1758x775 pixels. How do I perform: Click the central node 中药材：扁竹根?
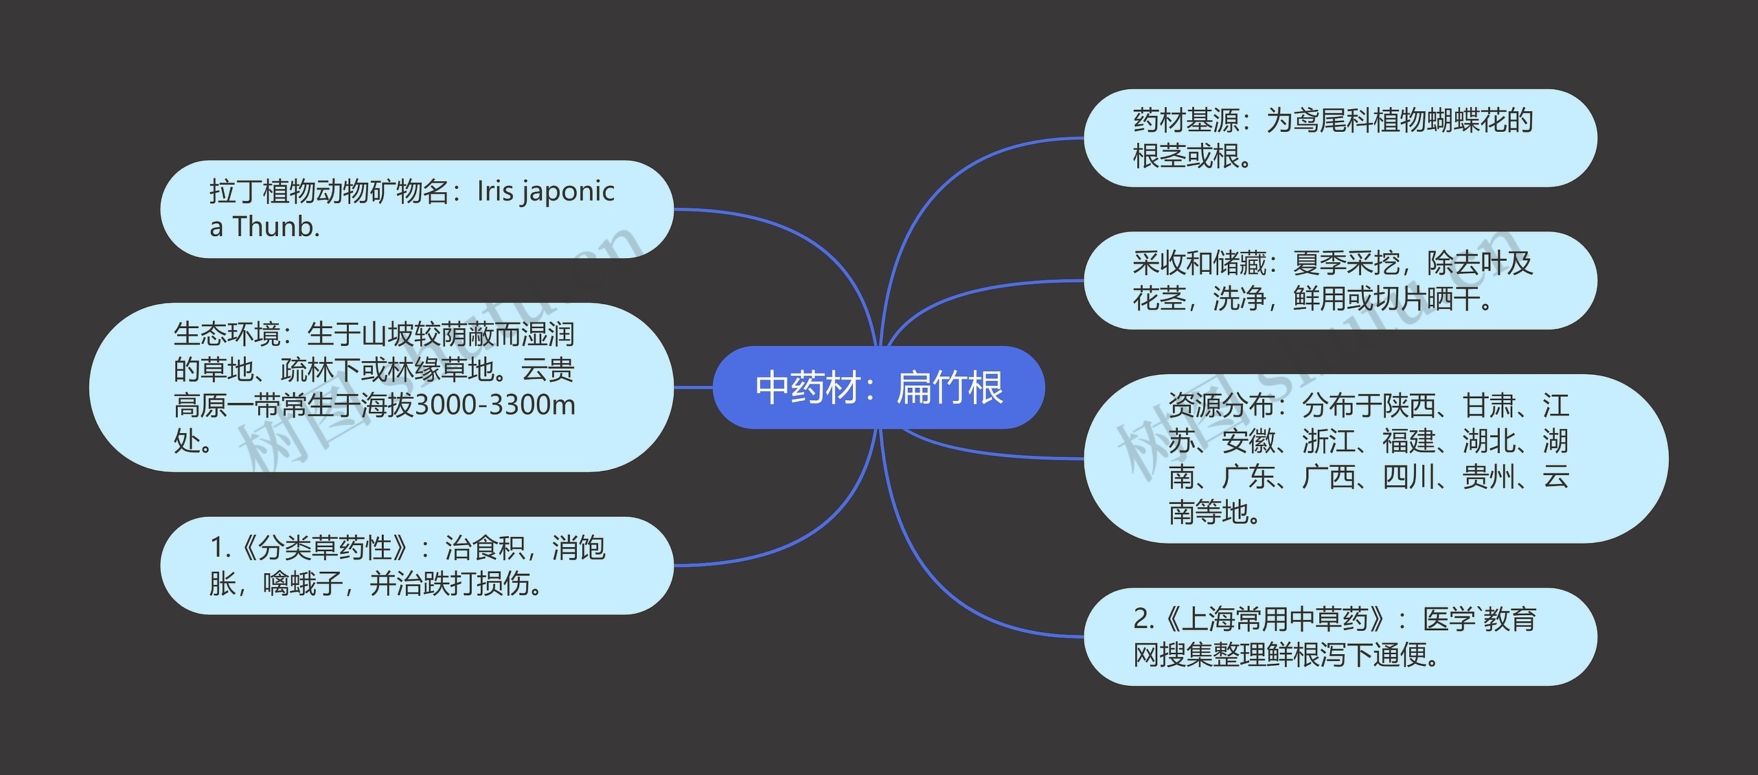point(878,387)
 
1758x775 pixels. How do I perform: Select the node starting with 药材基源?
point(1340,138)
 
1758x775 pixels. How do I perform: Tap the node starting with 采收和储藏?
point(1340,281)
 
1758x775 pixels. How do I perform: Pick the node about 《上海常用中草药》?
point(1340,636)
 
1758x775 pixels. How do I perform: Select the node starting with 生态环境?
point(381,387)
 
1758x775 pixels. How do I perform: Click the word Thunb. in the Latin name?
point(276,227)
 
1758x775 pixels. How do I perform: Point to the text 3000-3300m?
point(495,405)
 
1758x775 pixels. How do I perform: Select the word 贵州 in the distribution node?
point(1488,476)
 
